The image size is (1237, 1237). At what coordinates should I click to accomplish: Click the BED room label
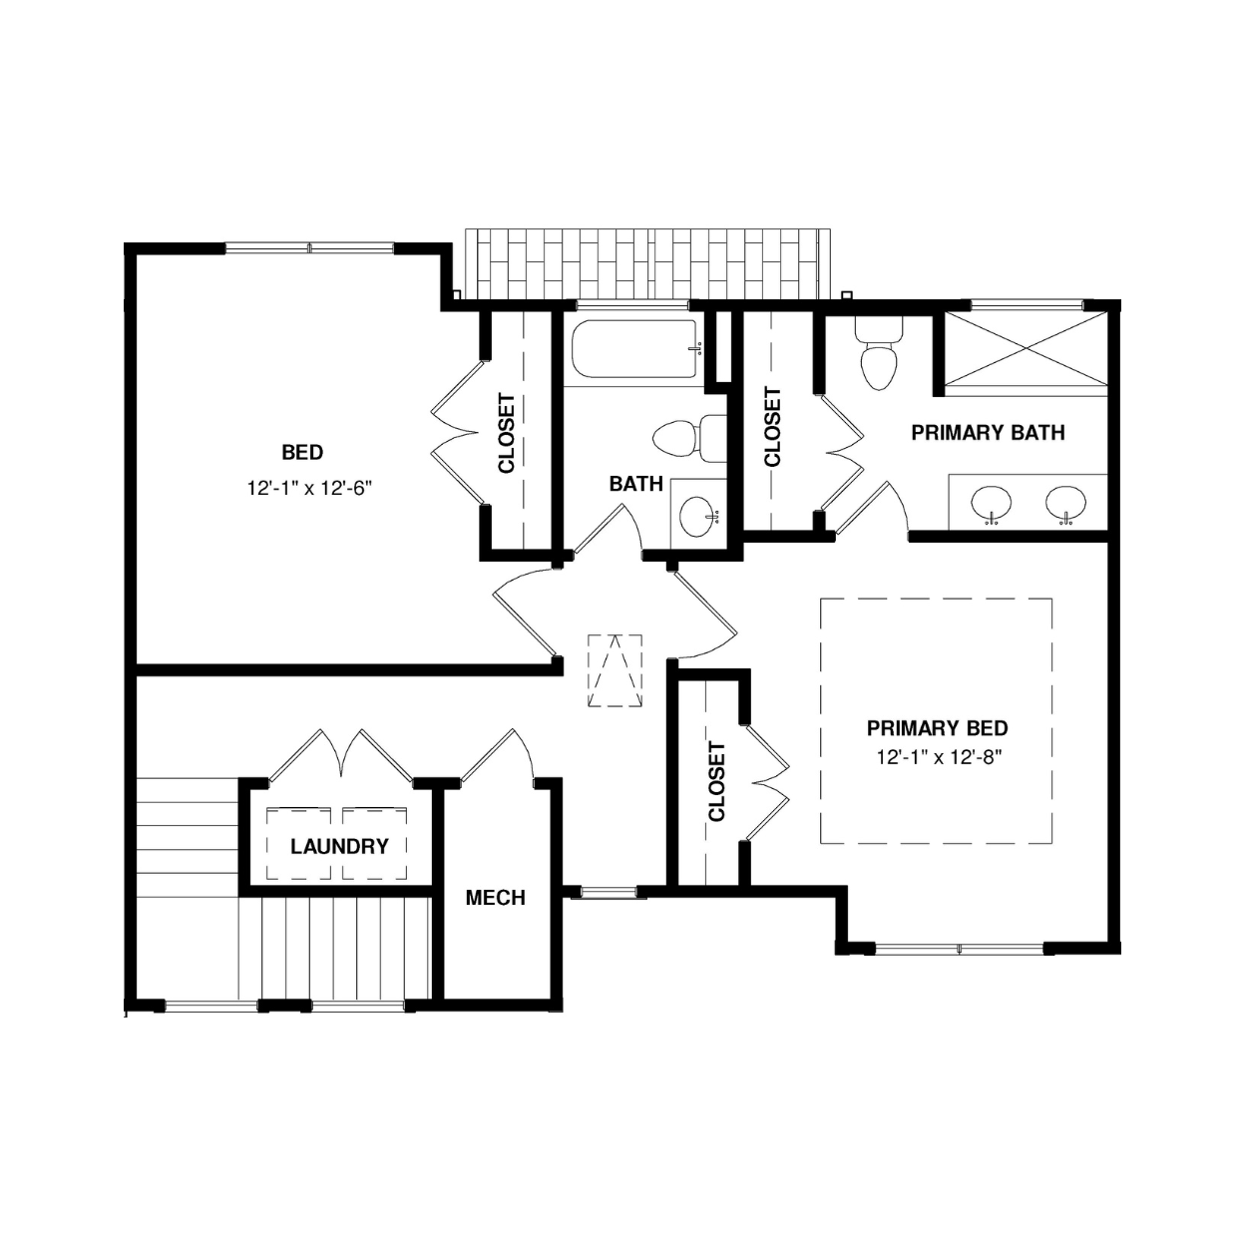click(301, 453)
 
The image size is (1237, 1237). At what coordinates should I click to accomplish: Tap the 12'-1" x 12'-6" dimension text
click(310, 489)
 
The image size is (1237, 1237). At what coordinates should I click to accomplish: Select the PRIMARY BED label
click(937, 728)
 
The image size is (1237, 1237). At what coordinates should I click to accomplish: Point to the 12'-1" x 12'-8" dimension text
click(940, 758)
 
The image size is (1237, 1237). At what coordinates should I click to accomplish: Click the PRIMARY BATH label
click(988, 433)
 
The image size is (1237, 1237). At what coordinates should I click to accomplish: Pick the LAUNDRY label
click(339, 846)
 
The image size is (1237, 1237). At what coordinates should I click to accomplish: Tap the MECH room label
click(495, 898)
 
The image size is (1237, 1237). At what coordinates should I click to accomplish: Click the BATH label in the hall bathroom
click(636, 484)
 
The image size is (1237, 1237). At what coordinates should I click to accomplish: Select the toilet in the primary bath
click(879, 355)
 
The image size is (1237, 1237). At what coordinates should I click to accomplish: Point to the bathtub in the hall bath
click(637, 350)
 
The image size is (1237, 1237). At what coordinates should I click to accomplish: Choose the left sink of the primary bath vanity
click(992, 503)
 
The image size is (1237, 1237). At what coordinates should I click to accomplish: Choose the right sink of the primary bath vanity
click(1065, 503)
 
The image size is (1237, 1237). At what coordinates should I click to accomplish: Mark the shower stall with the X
click(1027, 349)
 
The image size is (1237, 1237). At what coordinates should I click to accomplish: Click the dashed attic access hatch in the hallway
click(615, 670)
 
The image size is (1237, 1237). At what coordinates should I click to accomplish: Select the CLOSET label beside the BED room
click(507, 433)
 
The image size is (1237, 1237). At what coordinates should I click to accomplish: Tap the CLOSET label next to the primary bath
click(772, 427)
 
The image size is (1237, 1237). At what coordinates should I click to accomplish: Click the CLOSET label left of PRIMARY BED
click(716, 781)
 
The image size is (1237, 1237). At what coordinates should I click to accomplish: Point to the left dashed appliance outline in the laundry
click(298, 844)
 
